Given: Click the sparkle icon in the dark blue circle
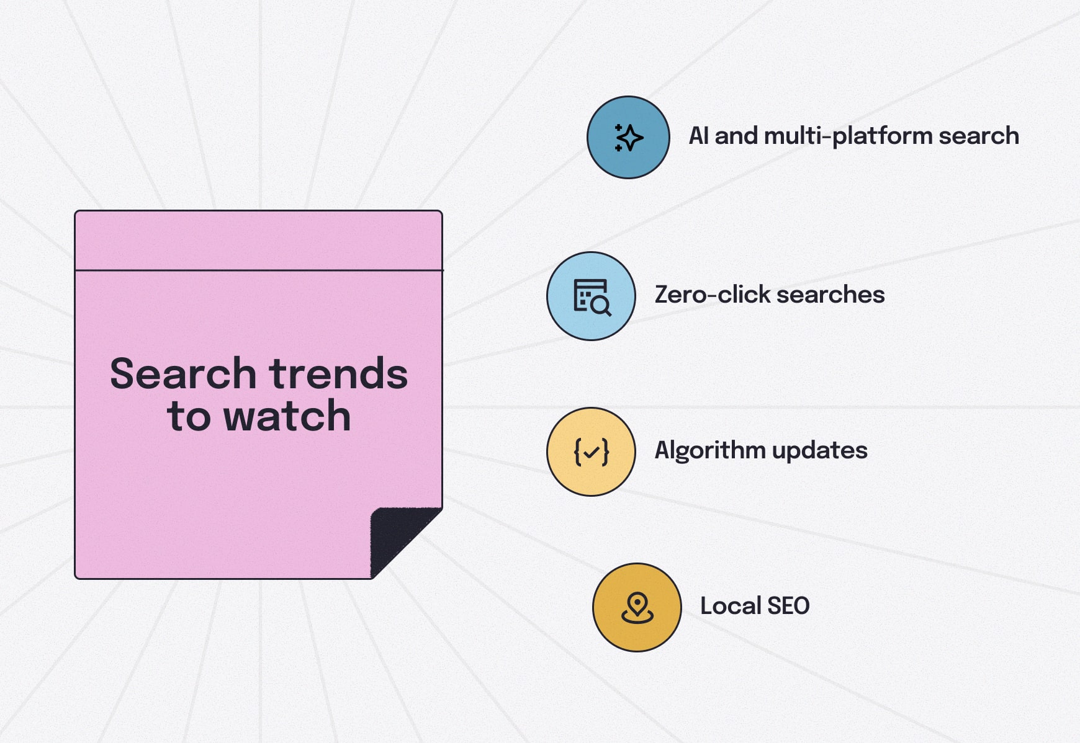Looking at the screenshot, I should pyautogui.click(x=628, y=138).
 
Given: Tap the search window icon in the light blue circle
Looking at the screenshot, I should pyautogui.click(x=592, y=296).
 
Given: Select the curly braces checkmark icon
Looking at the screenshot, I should pyautogui.click(x=592, y=452).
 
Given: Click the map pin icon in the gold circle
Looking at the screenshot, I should pyautogui.click(x=637, y=607).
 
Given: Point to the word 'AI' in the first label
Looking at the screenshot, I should pyautogui.click(x=698, y=136).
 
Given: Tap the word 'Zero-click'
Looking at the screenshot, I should pyautogui.click(x=712, y=295).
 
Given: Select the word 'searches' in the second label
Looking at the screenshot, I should pyautogui.click(x=830, y=295).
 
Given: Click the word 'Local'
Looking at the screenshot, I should pyautogui.click(x=730, y=606).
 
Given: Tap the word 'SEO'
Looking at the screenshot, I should pyautogui.click(x=788, y=606).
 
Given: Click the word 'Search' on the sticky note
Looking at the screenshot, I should pyautogui.click(x=183, y=374).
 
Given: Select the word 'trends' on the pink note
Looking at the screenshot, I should pyautogui.click(x=339, y=374).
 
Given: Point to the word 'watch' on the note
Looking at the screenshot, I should pyautogui.click(x=287, y=416).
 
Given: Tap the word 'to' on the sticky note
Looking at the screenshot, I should pyautogui.click(x=188, y=416).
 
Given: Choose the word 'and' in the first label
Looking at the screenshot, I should pyautogui.click(x=736, y=136).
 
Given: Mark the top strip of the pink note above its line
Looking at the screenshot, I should pyautogui.click(x=258, y=241).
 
